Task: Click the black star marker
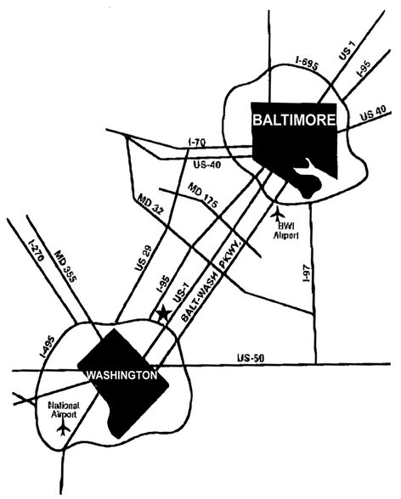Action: (164, 313)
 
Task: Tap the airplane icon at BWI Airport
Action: (278, 213)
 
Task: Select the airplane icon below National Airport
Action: (64, 428)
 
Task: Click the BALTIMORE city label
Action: (294, 121)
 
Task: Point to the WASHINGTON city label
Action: (122, 375)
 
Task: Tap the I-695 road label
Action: (307, 64)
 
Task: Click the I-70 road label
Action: (196, 143)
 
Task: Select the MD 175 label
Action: (203, 195)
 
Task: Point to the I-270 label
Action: (35, 251)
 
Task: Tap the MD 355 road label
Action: (65, 266)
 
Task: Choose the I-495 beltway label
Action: (48, 347)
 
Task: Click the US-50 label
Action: (251, 358)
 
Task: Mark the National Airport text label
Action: (64, 410)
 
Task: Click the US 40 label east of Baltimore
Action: (373, 114)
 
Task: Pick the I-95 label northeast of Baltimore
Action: (364, 69)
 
